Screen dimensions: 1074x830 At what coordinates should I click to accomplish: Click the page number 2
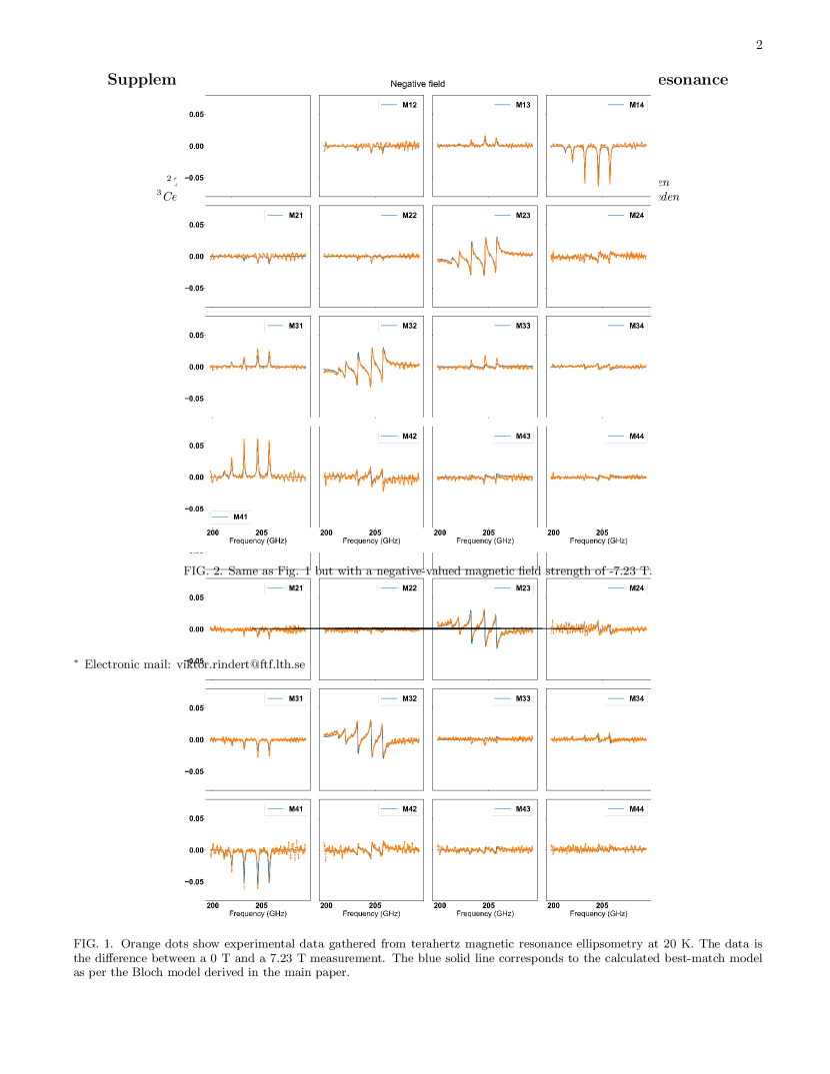[x=759, y=45]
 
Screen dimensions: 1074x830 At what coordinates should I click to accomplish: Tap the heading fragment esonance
[x=693, y=80]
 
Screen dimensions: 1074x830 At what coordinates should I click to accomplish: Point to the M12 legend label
[x=409, y=105]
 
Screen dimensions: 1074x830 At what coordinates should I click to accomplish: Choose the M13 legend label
[x=522, y=105]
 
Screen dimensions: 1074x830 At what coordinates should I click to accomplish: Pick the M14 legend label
[x=636, y=105]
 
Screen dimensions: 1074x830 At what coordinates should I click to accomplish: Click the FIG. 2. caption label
[x=203, y=571]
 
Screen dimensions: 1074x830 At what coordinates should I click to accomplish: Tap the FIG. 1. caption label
[x=92, y=943]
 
